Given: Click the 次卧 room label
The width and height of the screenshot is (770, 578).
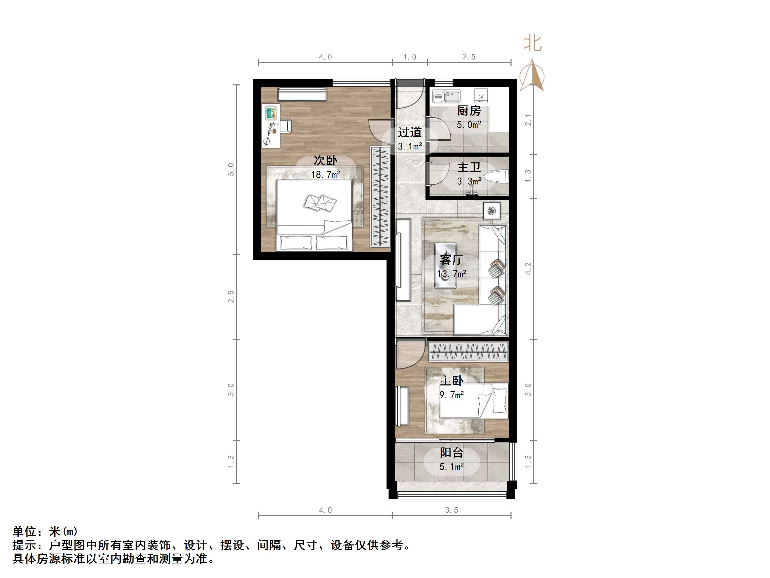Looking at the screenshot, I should tap(325, 161).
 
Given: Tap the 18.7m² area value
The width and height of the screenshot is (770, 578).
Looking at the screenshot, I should tap(325, 174).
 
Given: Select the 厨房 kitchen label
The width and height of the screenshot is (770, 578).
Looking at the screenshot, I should tap(469, 111).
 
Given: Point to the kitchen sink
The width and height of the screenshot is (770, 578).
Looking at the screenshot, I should tap(446, 96).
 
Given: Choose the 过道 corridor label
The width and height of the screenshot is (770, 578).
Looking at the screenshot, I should tap(410, 133).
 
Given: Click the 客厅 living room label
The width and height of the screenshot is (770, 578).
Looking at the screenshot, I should tap(451, 260).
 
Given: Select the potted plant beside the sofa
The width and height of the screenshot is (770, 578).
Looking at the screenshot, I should tap(492, 211).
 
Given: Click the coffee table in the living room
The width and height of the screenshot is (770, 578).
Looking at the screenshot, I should tap(445, 265).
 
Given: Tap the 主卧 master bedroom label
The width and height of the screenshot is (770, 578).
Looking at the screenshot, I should tap(452, 381).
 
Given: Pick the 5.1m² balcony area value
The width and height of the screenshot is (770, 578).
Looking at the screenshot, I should tap(452, 467).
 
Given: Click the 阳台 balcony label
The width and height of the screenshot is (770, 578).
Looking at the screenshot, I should tap(452, 453).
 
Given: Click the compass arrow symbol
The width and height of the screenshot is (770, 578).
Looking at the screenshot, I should tap(532, 76).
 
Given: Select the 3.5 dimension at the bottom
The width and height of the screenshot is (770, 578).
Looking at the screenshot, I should tap(452, 511).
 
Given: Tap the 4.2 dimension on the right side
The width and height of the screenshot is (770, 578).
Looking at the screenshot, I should tap(528, 268).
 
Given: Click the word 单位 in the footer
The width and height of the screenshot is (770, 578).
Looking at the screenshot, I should tap(24, 531).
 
